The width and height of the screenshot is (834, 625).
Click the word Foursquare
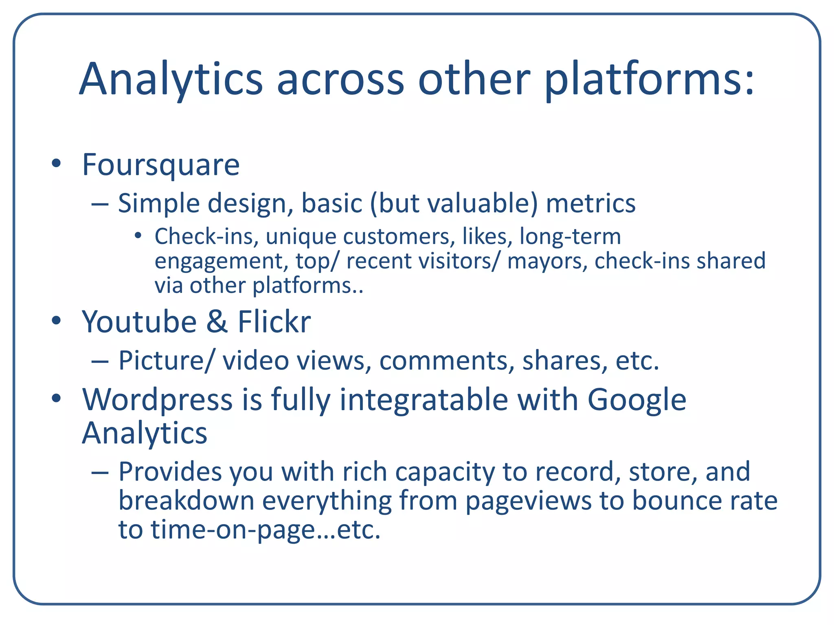pos(161,165)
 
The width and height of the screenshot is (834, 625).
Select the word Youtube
pos(139,322)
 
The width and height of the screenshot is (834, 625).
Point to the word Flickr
pos(274,322)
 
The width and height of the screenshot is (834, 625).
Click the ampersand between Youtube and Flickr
pos(217,322)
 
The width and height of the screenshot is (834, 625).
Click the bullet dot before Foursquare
pos(56,164)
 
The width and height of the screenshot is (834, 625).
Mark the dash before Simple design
pos(100,204)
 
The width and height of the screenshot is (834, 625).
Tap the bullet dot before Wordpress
pos(56,398)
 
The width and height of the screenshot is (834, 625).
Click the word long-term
pos(570,236)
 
